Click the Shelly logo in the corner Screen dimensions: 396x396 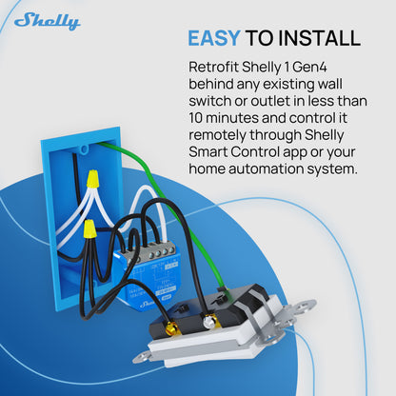(47, 20)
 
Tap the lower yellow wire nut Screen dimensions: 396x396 (88, 228)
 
